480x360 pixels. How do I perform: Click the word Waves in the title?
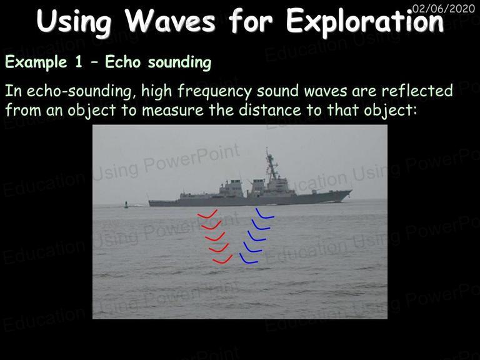pos(170,21)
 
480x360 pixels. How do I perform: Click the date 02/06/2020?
pos(443,8)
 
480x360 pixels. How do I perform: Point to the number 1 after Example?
pos(79,62)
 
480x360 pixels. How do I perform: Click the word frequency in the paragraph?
pos(214,91)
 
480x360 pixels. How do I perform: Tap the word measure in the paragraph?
pos(172,110)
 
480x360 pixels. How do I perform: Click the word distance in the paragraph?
pos(269,109)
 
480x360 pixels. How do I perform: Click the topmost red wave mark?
pos(207,214)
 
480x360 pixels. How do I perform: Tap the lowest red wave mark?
pos(222,259)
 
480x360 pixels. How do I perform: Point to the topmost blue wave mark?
pos(264,214)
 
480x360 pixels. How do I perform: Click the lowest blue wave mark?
pos(248,259)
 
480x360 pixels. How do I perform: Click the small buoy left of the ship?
pos(126,205)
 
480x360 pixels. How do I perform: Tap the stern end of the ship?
pos(150,202)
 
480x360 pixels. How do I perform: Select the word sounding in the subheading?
pos(180,62)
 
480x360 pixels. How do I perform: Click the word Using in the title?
pos(74,21)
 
